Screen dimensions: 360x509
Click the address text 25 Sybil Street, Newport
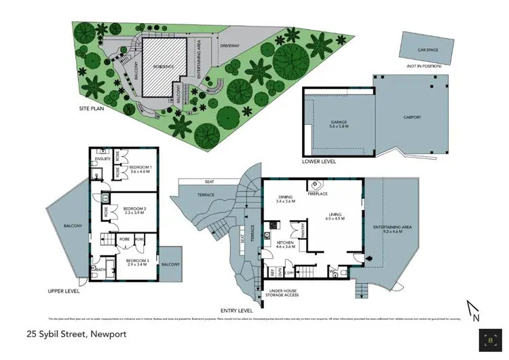click(75, 334)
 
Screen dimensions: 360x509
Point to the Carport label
click(413, 118)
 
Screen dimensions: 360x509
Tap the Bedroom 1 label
click(140, 168)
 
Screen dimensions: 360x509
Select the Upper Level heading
click(64, 290)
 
